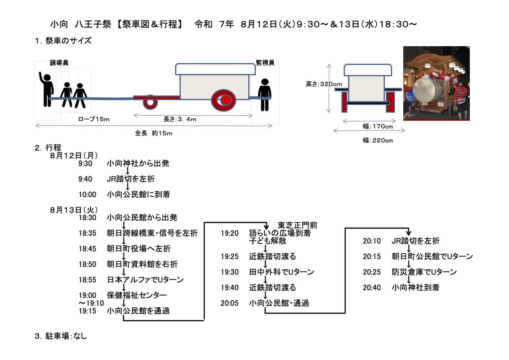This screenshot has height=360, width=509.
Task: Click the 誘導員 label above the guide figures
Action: [59, 63]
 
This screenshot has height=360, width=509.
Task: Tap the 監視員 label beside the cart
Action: [265, 63]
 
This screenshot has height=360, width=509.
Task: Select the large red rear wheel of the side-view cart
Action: [223, 100]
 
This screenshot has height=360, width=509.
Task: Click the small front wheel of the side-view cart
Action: [150, 102]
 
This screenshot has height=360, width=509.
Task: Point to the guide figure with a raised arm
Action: [46, 89]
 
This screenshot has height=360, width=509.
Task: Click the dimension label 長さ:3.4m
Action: [180, 119]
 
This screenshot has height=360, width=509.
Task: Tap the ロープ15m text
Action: [94, 119]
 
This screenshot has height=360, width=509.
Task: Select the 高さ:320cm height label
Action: [324, 84]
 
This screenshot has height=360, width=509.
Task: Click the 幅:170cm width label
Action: [378, 126]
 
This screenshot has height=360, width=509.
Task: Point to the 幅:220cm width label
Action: [378, 140]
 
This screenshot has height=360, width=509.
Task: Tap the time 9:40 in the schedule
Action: [85, 179]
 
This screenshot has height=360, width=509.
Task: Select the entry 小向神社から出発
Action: [138, 163]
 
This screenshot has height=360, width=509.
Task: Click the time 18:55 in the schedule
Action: [87, 280]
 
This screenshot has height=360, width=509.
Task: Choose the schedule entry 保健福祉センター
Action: [137, 295]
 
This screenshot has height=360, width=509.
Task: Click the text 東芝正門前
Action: [298, 225]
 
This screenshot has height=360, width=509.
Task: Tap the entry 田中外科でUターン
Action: [281, 272]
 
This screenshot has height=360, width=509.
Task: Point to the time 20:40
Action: [372, 288]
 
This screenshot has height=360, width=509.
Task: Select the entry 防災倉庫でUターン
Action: [424, 272]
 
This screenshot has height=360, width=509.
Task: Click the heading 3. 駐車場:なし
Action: [61, 336]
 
